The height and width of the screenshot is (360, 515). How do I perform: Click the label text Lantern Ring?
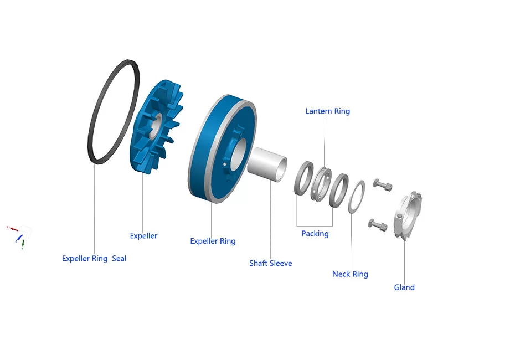pos(327,111)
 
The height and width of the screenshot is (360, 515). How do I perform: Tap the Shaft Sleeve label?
pos(270,263)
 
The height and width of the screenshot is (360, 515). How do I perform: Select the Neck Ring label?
pos(350,274)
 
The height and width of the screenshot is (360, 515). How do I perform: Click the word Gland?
pos(404,287)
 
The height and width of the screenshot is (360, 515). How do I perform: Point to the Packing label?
pos(315,234)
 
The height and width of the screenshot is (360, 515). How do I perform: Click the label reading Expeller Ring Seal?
pos(94,259)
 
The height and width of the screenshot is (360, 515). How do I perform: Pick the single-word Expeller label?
pos(143,236)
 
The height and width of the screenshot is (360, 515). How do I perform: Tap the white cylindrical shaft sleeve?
pos(265,161)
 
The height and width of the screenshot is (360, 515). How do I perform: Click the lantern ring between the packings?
pos(320,183)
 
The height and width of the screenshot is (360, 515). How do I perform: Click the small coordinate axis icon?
pos(19,235)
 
